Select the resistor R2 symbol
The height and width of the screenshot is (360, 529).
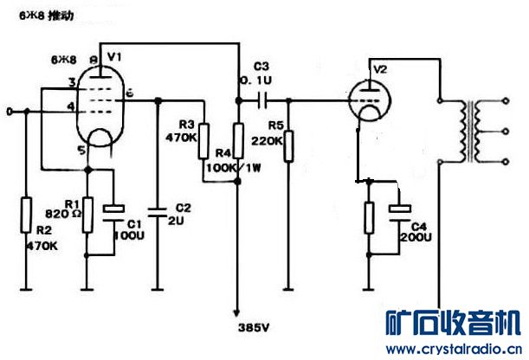26,211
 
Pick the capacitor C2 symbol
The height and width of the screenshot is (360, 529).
157,209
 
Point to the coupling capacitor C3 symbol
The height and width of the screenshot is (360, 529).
262,101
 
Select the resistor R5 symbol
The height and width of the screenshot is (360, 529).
289,144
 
